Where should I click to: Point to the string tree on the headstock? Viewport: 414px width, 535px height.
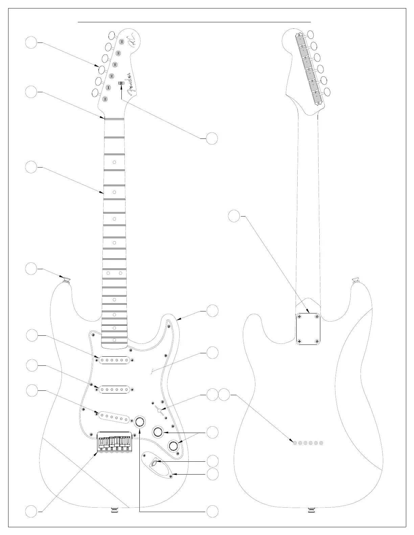[121, 83]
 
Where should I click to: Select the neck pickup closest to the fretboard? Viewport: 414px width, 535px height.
[114, 360]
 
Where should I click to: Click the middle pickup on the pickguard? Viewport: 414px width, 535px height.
[114, 389]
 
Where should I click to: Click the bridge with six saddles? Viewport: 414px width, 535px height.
[114, 441]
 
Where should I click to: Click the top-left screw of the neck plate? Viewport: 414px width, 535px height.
[299, 316]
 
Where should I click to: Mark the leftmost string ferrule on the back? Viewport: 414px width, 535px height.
[295, 443]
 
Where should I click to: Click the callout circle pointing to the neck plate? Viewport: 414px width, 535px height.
[234, 216]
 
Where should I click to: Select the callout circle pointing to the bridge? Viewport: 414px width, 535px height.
[31, 511]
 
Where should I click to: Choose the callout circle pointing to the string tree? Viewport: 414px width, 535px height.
[212, 138]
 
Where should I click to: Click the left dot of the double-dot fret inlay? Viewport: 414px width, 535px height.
[108, 273]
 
